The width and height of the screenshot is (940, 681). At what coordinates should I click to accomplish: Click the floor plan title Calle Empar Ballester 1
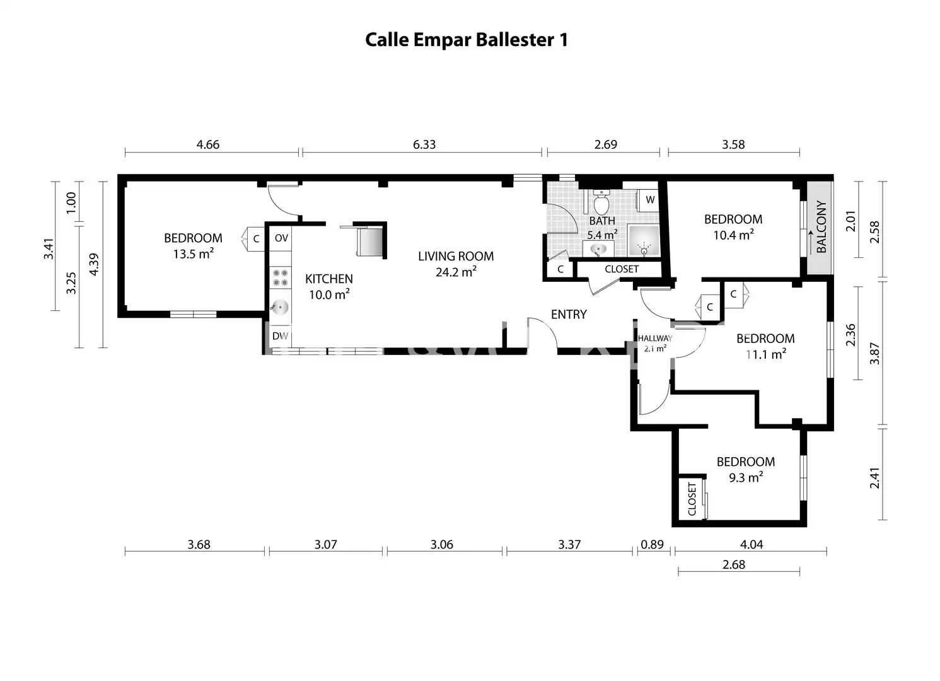click(x=467, y=40)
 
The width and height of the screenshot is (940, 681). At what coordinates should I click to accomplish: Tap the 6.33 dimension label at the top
click(x=424, y=145)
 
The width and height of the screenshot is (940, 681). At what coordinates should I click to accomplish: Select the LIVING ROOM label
click(x=456, y=257)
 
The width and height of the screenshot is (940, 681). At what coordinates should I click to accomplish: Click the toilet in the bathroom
click(x=601, y=202)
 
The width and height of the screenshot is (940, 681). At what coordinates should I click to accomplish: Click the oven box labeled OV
click(x=281, y=238)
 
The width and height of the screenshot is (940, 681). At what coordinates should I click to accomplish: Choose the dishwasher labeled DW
click(x=281, y=336)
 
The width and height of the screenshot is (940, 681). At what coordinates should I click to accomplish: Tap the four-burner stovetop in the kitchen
click(x=281, y=278)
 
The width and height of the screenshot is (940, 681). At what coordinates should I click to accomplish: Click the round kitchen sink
click(x=280, y=307)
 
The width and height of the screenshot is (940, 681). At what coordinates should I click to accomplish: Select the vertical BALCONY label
click(x=821, y=227)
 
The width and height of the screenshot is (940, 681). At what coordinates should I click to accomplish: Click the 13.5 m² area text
click(x=194, y=254)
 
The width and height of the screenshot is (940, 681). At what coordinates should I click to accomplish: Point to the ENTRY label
click(x=569, y=315)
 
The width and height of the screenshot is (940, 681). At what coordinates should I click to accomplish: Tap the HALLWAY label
click(x=655, y=338)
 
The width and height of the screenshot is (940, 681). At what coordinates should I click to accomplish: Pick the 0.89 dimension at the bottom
click(x=652, y=545)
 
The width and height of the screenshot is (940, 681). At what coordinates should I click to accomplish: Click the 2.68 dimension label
click(x=734, y=565)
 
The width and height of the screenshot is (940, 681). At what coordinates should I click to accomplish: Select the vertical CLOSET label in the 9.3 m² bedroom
click(x=692, y=499)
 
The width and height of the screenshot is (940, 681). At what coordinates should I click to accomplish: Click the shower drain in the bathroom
click(x=644, y=251)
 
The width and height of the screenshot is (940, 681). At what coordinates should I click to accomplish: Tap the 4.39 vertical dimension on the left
click(x=95, y=264)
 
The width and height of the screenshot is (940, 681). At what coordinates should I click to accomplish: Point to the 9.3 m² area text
click(x=746, y=478)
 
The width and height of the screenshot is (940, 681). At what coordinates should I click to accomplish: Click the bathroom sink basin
click(x=598, y=250)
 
